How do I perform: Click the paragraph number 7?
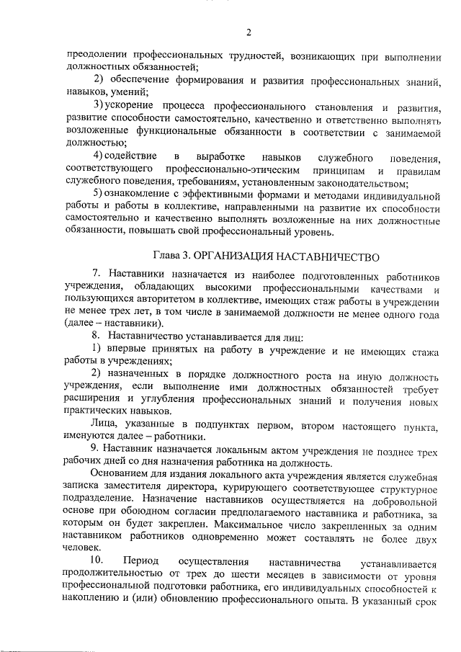click(x=96, y=274)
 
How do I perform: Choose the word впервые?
click(x=127, y=349)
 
